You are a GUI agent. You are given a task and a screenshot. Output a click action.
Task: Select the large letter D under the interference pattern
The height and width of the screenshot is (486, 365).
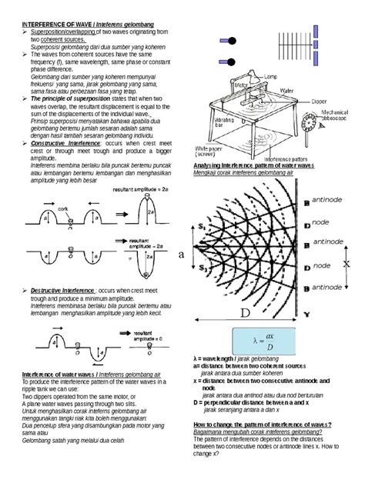(x=244, y=315)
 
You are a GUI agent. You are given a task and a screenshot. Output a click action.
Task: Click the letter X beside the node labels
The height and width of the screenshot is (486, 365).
(x=346, y=262)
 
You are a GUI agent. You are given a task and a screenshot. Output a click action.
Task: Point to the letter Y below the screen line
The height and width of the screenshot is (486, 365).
(x=306, y=314)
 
